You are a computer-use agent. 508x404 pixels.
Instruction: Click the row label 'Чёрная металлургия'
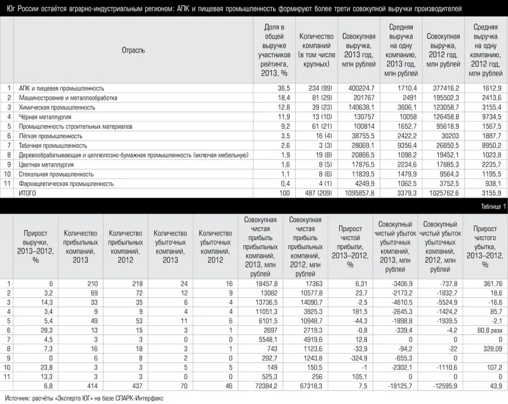point(45,117)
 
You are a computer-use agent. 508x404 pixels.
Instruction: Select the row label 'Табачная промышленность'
point(53,145)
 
